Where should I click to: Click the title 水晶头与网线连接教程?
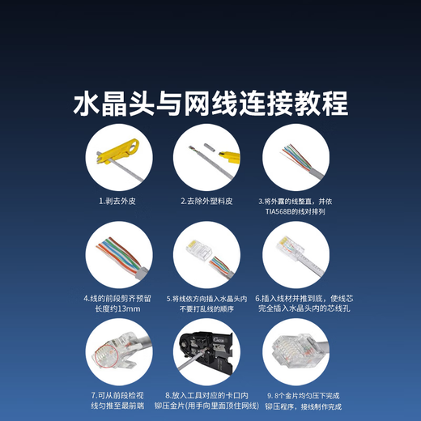pos(210,104)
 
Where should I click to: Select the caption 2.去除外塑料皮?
pos(206,200)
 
